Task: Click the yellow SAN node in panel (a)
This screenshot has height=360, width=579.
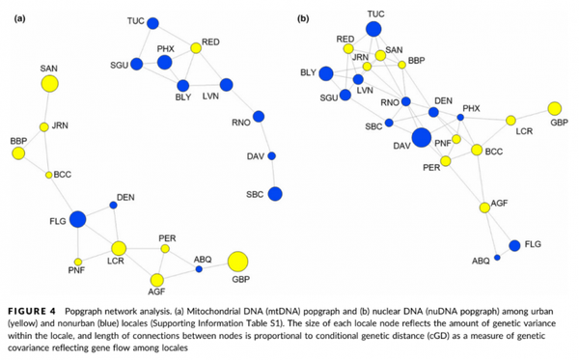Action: coord(49,85)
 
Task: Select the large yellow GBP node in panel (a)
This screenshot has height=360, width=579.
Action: coord(236,262)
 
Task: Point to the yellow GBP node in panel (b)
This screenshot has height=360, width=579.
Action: coord(555,108)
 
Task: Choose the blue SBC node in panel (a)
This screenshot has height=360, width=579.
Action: coord(274,194)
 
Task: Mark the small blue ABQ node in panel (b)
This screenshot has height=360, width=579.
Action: coord(497,258)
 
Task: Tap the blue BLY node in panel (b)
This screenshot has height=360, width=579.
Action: coord(327,73)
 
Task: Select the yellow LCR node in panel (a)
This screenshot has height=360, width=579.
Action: coord(120,249)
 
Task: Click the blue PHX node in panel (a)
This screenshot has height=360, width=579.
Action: coord(164,63)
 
